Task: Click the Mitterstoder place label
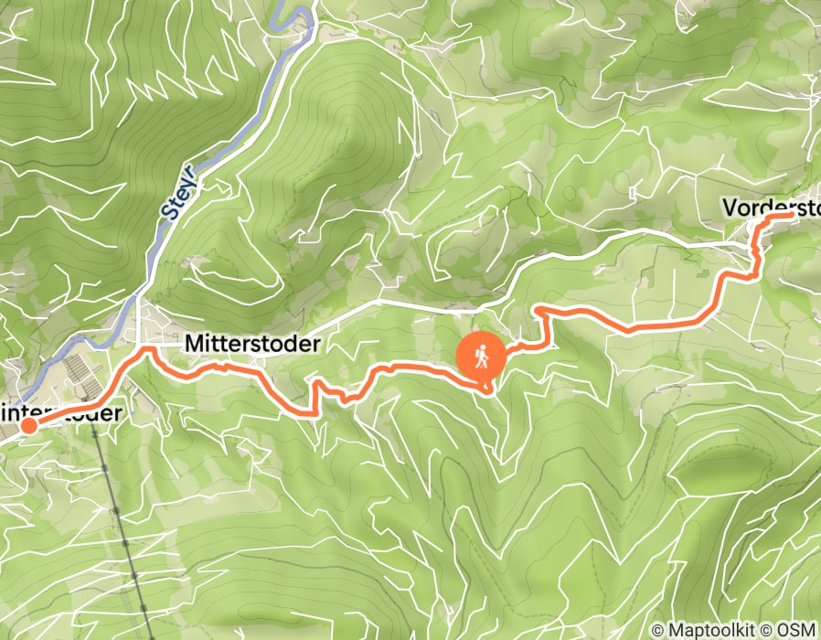point(252,345)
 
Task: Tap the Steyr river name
point(179,192)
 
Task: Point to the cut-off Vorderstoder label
point(771,208)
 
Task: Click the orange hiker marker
point(482,355)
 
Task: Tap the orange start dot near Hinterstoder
point(28,425)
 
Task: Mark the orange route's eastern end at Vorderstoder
point(789,218)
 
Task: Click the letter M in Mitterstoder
point(193,345)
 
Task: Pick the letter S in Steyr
point(169,211)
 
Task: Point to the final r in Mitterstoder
point(317,346)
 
